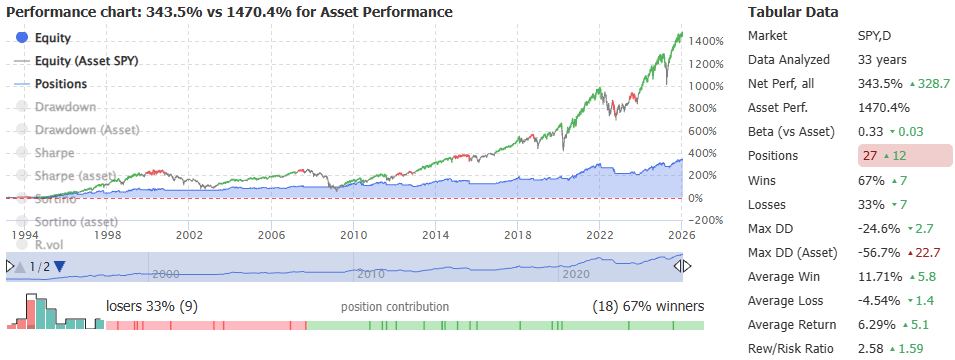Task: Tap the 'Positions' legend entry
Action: (60, 84)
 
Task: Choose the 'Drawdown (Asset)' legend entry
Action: (87, 130)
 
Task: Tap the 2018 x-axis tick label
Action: (517, 235)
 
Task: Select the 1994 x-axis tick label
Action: (26, 235)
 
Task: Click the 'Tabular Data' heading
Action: (794, 12)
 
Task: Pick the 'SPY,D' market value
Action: (877, 36)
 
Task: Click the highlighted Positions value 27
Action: (870, 156)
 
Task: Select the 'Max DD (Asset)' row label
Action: (796, 252)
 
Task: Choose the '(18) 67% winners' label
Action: (648, 306)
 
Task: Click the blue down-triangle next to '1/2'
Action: (59, 266)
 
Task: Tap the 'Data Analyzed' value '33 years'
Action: (884, 60)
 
